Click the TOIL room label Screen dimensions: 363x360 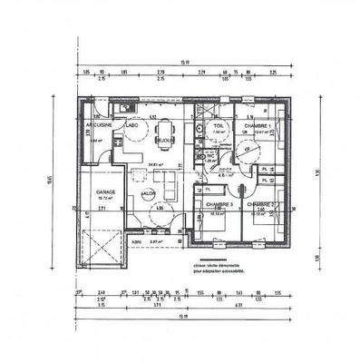(218, 125)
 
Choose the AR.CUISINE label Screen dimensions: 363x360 (97, 125)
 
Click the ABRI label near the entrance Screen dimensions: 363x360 (136, 242)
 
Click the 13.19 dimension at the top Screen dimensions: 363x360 (184, 61)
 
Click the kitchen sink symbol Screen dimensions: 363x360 (127, 110)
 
